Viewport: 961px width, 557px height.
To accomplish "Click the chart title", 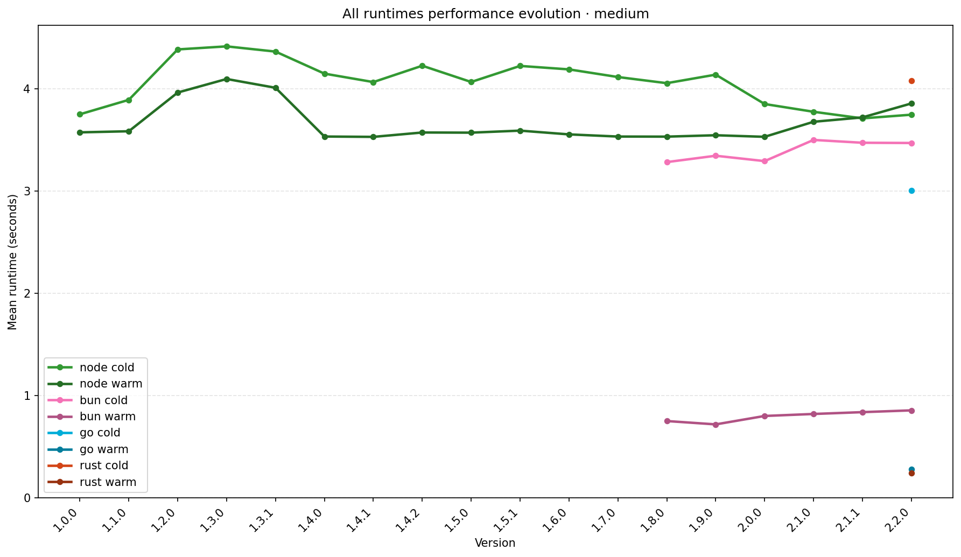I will pos(495,14).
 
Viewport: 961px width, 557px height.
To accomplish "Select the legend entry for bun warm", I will pos(107,417).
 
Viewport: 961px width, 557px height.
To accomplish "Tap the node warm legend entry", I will pos(110,384).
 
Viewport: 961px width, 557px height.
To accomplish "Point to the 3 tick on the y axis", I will pos(29,191).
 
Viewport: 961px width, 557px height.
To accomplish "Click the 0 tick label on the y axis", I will pos(29,498).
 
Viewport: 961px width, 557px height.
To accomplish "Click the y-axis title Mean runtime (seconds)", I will pos(13,262).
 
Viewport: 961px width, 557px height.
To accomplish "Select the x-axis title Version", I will pos(495,543).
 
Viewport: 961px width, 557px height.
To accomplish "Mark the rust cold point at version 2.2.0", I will pos(911,81).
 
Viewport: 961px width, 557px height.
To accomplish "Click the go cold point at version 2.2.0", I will pos(911,191).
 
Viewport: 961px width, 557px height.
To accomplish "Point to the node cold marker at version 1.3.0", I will pos(227,46).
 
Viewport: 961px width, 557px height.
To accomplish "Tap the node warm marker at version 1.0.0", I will pos(80,132).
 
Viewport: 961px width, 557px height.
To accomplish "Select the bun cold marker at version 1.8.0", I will pos(667,162).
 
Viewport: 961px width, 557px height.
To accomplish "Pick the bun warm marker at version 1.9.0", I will pos(716,425).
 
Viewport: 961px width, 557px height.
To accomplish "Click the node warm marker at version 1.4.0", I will pos(325,137).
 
